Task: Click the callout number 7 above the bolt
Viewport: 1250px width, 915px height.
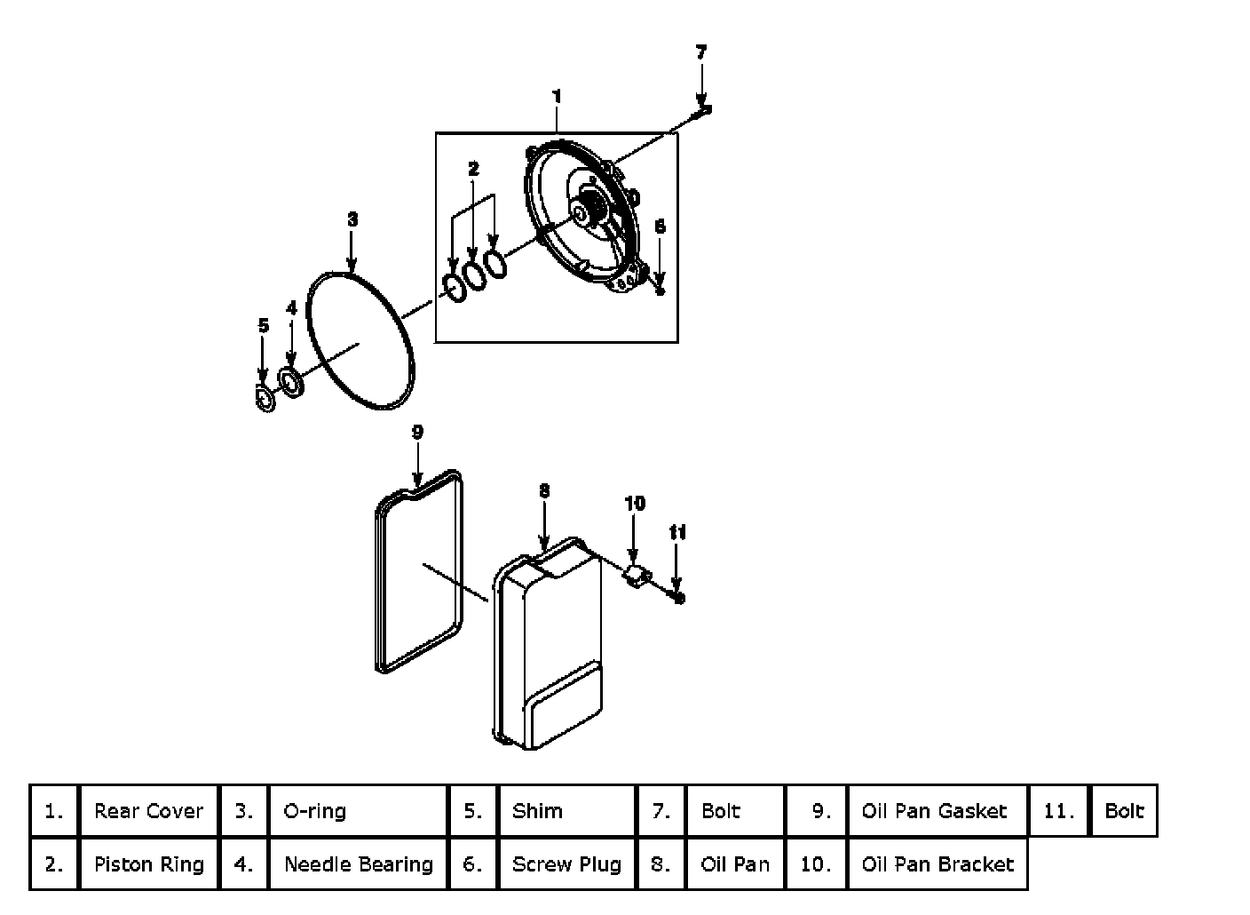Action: (x=701, y=52)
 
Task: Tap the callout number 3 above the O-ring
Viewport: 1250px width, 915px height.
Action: (x=352, y=219)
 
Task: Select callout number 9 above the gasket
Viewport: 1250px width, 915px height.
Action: (x=417, y=433)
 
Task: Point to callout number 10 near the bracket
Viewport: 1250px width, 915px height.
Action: (x=635, y=504)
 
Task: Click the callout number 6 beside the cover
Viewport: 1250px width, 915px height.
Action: (x=660, y=227)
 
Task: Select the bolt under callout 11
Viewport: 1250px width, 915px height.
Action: (x=678, y=598)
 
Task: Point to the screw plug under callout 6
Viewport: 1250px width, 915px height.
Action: (x=661, y=290)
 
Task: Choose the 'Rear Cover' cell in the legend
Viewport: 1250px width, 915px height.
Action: (x=148, y=811)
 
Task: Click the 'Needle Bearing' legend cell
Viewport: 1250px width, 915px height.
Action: (x=358, y=864)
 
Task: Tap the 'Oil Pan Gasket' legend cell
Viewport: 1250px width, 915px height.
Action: (x=935, y=811)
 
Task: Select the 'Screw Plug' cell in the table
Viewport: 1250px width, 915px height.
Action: (x=566, y=864)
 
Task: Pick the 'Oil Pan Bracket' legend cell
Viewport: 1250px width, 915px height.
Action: (x=937, y=864)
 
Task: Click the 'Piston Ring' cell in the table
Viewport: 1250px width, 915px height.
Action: (x=148, y=864)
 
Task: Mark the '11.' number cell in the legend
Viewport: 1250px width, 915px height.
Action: (x=1058, y=811)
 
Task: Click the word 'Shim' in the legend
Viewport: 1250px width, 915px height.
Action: (x=537, y=811)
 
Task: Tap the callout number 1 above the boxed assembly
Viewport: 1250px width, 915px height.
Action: (x=557, y=96)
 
